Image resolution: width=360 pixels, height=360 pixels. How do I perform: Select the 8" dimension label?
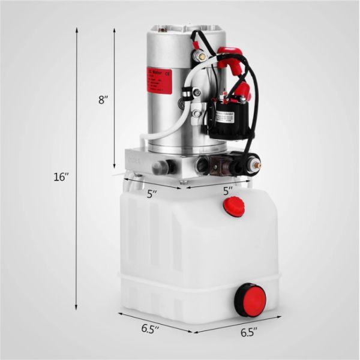pyautogui.click(x=103, y=100)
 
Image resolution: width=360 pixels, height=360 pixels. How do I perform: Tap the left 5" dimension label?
pyautogui.click(x=152, y=194)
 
